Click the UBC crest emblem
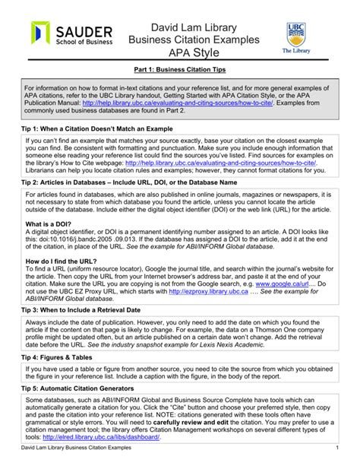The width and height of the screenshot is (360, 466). click(x=297, y=33)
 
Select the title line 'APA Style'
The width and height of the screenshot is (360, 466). click(x=180, y=54)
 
